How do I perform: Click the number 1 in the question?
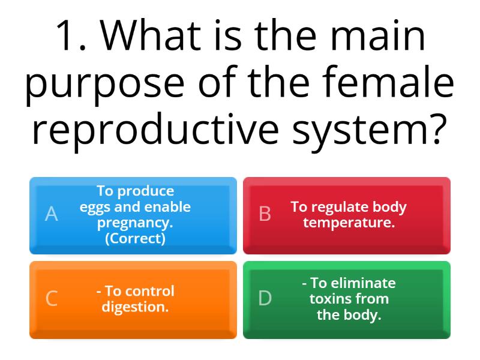tap(69, 36)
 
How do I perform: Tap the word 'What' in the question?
tap(160, 36)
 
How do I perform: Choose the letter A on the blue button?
tap(52, 214)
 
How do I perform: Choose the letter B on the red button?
tap(265, 214)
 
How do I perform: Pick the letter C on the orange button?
tap(52, 298)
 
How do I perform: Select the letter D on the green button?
tap(265, 298)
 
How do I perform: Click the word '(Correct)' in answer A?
tap(135, 238)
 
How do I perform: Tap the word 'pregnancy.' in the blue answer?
tap(135, 223)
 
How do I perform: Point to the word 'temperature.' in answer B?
tap(349, 223)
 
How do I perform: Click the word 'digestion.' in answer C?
tap(135, 307)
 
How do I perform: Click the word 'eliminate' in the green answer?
tap(353, 283)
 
